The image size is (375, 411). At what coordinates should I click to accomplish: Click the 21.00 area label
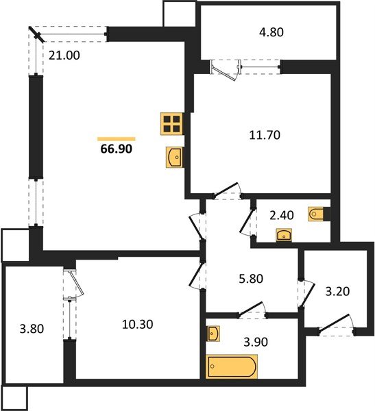point(64,55)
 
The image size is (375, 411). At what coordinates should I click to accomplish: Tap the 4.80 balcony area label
point(271,32)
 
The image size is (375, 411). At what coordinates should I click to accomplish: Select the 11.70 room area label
point(265,135)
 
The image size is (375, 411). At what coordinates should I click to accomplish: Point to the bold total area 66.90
point(117,149)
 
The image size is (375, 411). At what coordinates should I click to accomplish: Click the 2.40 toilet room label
point(282,216)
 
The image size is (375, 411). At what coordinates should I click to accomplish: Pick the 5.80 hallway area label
point(251,279)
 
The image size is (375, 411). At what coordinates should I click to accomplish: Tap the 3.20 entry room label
point(337,291)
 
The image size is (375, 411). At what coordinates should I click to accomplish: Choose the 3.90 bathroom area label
point(256,342)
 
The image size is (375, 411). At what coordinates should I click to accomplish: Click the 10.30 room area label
point(138,325)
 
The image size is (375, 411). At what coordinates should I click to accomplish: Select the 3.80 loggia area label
point(32,329)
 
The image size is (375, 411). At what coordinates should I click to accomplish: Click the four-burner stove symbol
point(172,124)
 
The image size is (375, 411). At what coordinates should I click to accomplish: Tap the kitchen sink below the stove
point(174,158)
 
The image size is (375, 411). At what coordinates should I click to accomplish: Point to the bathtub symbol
point(232,366)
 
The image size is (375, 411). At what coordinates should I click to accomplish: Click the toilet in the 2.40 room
point(317,214)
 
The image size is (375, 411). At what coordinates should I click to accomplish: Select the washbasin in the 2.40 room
point(284,235)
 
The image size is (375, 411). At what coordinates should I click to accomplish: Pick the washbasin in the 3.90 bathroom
point(213,334)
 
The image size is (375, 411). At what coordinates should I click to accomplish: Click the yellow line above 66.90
point(117,139)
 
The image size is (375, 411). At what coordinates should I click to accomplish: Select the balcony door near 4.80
point(225,70)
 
